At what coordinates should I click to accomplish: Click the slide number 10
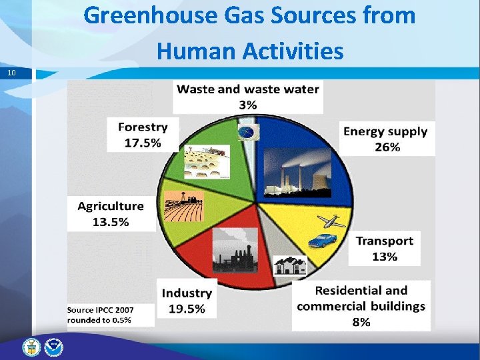point(12,72)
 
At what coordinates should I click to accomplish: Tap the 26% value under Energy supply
point(387,147)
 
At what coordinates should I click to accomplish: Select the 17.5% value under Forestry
point(143,142)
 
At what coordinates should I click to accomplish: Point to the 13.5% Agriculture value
point(110,221)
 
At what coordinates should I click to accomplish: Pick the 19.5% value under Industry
point(187,308)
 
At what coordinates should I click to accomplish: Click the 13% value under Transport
point(385,257)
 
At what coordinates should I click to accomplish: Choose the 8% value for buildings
point(361,322)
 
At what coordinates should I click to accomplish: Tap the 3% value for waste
point(247,104)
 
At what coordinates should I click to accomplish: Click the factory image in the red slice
point(234,250)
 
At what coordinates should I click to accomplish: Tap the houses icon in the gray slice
point(291,265)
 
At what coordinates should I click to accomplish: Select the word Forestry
point(143,127)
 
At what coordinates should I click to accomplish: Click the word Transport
point(384,241)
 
